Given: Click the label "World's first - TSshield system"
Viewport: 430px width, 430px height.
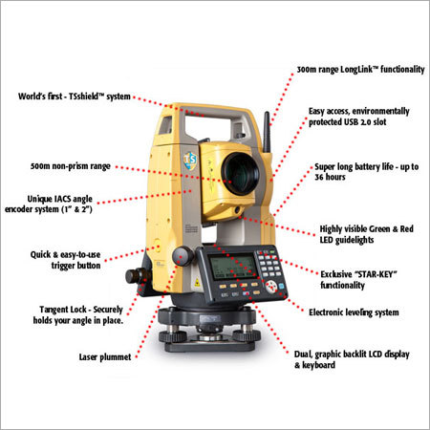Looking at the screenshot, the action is point(75,97).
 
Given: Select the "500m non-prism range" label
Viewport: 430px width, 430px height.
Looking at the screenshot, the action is point(71,166).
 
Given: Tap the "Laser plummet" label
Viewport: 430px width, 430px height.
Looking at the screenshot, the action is point(105,357).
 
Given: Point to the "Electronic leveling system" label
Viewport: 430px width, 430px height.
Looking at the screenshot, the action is point(354,312).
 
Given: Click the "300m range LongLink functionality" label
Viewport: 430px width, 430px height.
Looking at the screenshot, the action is point(360,70).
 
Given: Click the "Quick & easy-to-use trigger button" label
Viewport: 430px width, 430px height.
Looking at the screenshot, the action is point(65,260).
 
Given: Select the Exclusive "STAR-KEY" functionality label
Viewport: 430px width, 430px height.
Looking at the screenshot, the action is point(358,279).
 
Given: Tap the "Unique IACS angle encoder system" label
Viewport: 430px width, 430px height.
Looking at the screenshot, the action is point(49,204).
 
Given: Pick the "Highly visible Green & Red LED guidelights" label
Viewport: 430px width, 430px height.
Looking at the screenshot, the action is point(366,234).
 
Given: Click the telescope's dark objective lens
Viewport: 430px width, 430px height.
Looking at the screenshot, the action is point(240,174).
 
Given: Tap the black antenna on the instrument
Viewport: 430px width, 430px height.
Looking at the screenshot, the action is point(267,132).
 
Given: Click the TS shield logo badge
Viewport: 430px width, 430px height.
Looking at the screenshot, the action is point(190,161).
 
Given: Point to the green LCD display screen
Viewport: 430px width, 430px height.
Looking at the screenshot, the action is point(233,267).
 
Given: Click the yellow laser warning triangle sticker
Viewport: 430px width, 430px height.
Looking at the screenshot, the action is point(197,282).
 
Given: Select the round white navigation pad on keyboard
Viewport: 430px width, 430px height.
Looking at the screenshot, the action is point(270,287).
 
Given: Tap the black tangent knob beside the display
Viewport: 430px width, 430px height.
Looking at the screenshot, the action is point(183,256).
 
